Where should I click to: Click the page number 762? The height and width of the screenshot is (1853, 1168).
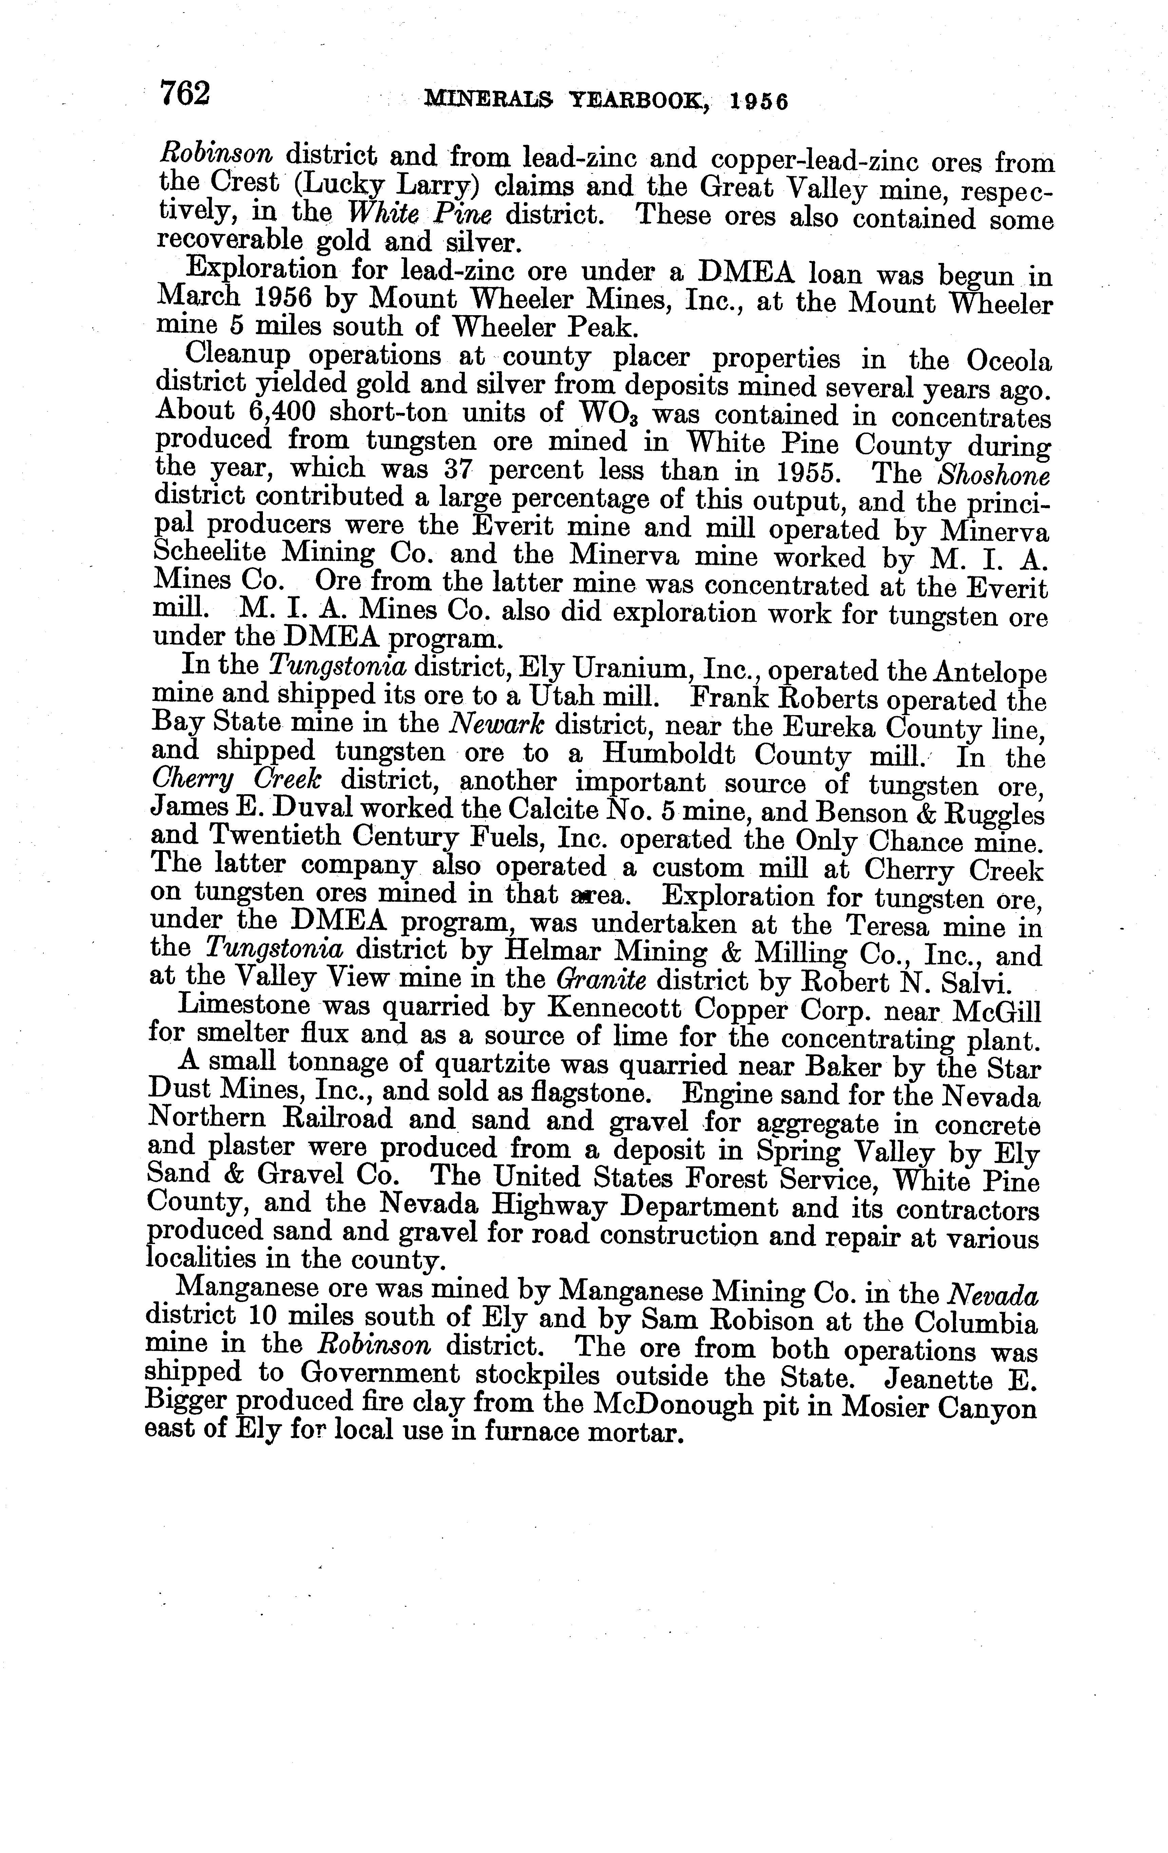pyautogui.click(x=185, y=94)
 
